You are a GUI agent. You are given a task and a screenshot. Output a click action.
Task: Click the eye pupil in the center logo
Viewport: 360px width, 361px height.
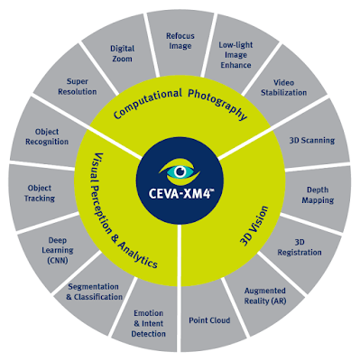click(x=180, y=171)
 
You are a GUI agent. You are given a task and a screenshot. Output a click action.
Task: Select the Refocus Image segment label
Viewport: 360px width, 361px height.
click(x=180, y=41)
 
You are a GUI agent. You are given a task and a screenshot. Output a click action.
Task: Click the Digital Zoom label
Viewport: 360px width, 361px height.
click(x=122, y=53)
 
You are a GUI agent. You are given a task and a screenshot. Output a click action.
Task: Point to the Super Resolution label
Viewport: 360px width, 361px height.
click(x=78, y=87)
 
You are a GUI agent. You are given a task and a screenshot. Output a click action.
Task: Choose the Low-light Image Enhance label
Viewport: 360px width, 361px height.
click(x=235, y=55)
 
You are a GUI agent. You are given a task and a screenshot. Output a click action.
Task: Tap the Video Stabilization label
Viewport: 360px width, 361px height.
click(x=283, y=88)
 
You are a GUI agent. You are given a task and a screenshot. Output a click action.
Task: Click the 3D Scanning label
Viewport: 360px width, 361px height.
click(x=312, y=141)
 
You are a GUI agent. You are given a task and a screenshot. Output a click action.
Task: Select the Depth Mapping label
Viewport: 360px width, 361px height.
click(x=318, y=195)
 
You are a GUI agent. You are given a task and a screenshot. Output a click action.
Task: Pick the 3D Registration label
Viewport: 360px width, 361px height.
click(x=300, y=247)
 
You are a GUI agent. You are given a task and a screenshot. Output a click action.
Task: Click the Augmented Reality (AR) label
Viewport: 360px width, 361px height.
click(x=265, y=296)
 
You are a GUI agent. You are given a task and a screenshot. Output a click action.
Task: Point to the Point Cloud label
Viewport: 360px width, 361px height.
click(x=209, y=320)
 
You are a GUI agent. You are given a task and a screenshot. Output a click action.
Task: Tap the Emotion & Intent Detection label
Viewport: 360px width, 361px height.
click(x=149, y=323)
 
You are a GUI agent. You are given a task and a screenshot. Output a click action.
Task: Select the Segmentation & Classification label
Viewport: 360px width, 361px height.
click(x=94, y=292)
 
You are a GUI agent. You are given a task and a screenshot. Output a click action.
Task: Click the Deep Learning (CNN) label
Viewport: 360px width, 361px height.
click(x=58, y=250)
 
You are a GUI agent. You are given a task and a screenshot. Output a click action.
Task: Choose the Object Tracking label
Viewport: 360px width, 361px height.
click(x=40, y=193)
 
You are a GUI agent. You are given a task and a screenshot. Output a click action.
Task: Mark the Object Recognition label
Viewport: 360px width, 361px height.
click(x=47, y=136)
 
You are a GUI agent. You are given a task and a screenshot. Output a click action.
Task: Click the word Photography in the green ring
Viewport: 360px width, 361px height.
click(x=218, y=103)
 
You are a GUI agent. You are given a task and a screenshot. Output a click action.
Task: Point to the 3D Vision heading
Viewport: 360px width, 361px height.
click(x=254, y=226)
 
